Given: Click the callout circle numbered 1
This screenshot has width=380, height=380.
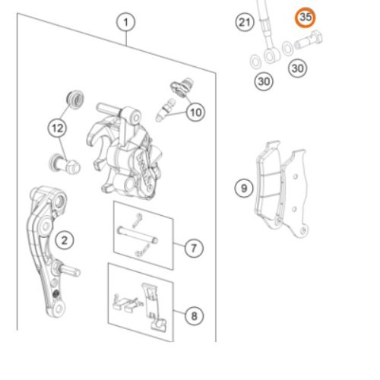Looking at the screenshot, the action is (125, 22).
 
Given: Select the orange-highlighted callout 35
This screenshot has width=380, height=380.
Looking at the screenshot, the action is (306, 17).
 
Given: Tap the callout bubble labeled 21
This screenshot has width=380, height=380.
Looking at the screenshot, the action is (245, 22).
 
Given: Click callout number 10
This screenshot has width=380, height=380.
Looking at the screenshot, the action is (195, 112).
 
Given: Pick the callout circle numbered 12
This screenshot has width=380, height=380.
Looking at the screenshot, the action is (57, 128).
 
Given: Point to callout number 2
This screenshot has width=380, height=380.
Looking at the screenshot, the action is (65, 240).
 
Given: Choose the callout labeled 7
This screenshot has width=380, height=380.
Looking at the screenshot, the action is (194, 248).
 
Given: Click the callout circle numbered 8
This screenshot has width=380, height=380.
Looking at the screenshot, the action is (194, 316).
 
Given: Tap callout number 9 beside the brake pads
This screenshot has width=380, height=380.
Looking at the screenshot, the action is (244, 188).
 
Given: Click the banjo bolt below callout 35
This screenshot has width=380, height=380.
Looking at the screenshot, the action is (309, 41).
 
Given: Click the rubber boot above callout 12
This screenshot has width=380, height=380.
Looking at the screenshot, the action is (75, 100).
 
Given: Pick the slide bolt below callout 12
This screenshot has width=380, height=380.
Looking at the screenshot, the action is (65, 164).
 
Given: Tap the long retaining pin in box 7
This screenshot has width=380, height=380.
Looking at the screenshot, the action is (138, 236).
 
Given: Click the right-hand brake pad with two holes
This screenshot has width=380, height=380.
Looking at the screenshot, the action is (295, 192).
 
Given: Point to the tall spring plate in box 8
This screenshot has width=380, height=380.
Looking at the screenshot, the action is (154, 307).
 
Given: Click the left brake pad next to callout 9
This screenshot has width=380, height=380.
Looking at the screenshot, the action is (268, 184).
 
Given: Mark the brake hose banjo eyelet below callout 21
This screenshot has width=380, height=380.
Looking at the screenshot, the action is (271, 55).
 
